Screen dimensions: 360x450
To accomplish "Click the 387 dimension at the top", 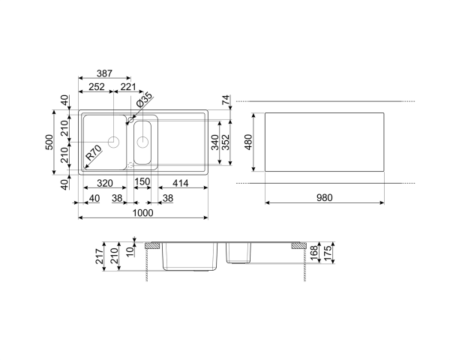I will pos(104,74).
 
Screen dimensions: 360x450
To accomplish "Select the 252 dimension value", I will pos(95,88).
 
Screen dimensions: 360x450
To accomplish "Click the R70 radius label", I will pos(93,155).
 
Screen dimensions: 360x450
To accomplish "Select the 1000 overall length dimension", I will pos(143,212).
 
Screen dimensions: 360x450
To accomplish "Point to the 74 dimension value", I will pos(224,100).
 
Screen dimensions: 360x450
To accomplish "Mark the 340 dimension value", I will pos(215,142).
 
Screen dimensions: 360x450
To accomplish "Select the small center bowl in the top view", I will pos(143,142).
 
